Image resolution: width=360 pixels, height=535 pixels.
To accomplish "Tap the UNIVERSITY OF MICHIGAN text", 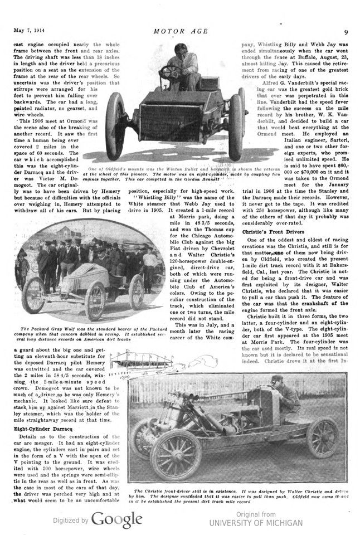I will (x=256, y=523).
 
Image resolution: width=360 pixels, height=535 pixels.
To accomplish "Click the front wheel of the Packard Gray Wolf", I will (x=33, y=295).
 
